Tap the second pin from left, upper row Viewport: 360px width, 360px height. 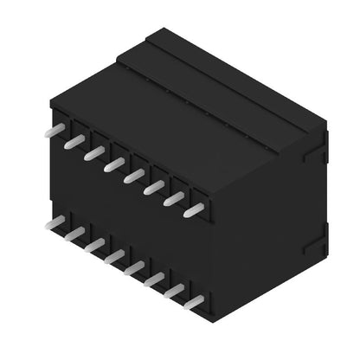pyautogui.click(x=74, y=140)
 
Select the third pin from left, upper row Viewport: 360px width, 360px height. pyautogui.click(x=93, y=152)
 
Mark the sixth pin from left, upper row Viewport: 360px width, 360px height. pyautogui.click(x=154, y=186)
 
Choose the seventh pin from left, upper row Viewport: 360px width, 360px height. pyautogui.click(x=174, y=198)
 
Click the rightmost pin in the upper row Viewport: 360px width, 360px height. pyautogui.click(x=194, y=209)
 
